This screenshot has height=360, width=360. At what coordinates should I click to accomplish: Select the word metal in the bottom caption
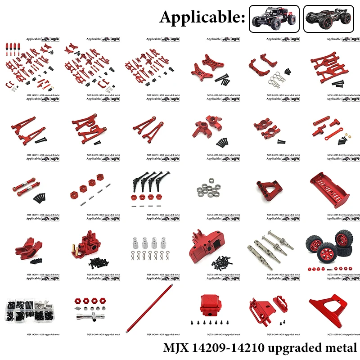(339, 347)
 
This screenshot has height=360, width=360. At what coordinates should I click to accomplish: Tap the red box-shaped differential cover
(211, 303)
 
